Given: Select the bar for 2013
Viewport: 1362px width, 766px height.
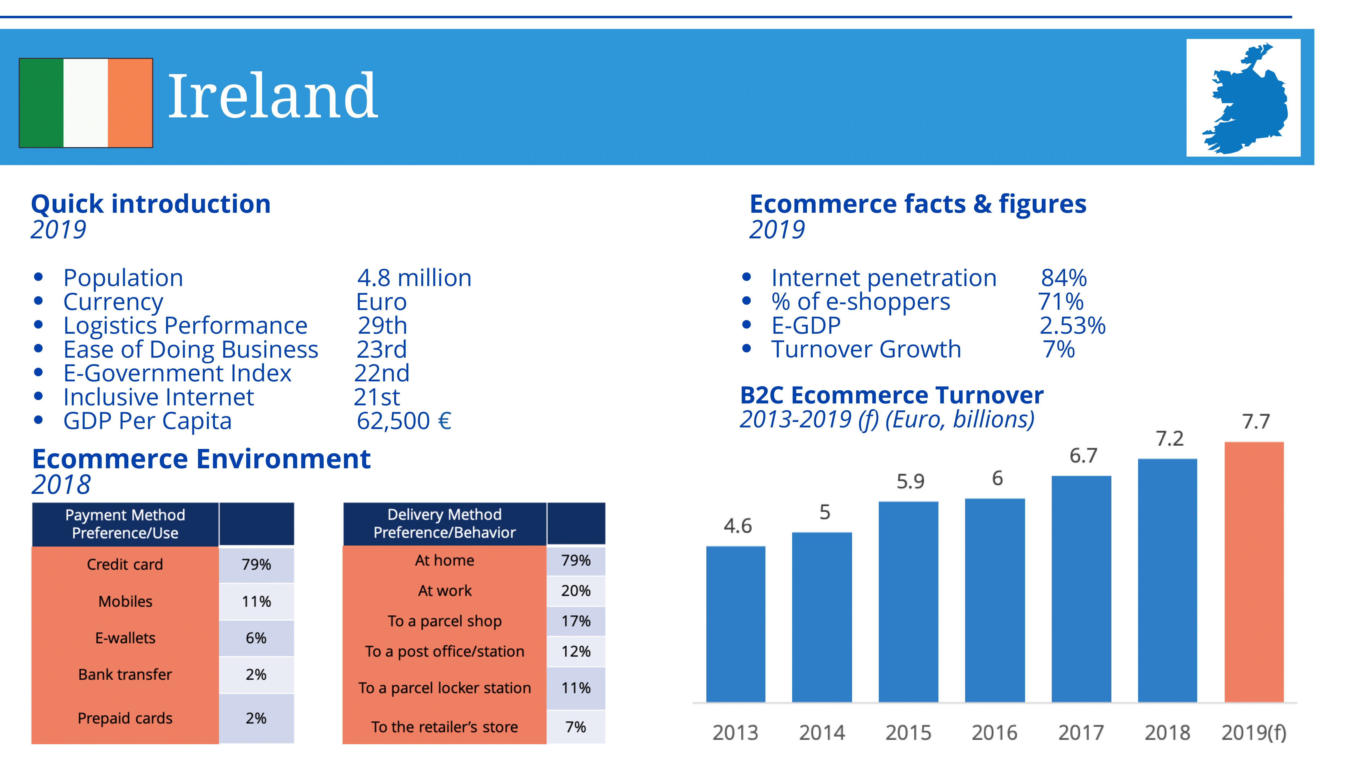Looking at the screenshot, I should tap(735, 624).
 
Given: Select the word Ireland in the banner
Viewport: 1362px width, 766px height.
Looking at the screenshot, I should tap(272, 97).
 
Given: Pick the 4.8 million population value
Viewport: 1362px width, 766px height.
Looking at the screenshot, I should tap(414, 278).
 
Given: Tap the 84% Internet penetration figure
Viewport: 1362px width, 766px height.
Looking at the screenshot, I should tap(1063, 278).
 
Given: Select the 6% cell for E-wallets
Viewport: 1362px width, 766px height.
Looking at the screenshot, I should tap(256, 638).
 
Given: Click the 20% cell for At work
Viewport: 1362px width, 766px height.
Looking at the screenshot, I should tap(576, 591).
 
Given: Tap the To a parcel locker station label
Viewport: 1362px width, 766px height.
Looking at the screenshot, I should tap(444, 688).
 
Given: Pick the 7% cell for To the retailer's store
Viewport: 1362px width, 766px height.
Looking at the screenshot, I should tap(576, 727).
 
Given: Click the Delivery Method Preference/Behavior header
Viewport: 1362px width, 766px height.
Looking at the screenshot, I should tap(444, 523).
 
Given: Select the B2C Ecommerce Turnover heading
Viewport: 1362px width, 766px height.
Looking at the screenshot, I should tap(892, 396).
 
